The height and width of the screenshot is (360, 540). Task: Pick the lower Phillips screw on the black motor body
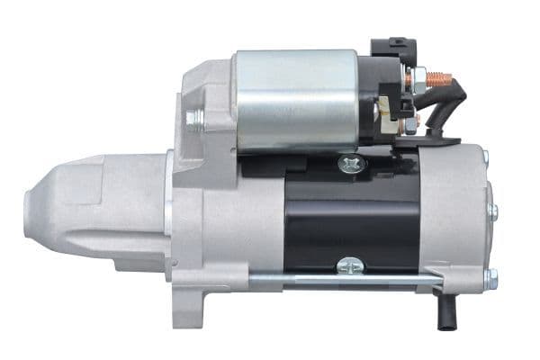(347, 265)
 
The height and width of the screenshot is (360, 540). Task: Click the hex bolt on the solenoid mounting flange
(194, 117)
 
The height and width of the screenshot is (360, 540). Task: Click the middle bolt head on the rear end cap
(492, 211)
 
